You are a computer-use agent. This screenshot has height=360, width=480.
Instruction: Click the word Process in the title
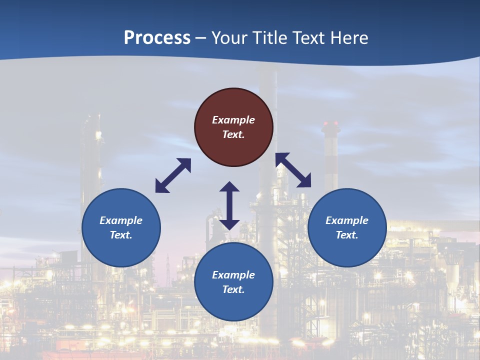point(157,38)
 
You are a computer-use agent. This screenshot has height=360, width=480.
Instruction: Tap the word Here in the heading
point(347,38)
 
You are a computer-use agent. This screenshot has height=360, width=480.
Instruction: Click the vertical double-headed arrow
point(229,205)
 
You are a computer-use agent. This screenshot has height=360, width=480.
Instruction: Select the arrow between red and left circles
point(173,175)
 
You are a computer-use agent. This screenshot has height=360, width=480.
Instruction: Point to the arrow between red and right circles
point(293,170)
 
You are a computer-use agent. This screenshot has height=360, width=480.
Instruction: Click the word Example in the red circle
point(233,120)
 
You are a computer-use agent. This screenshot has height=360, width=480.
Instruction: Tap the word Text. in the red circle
point(233,134)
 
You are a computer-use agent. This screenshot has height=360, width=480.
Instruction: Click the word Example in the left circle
point(121,220)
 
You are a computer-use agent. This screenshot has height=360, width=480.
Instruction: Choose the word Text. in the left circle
point(121,235)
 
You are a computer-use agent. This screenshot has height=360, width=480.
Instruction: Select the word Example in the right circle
point(347,220)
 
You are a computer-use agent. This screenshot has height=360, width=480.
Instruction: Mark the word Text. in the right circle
point(347,235)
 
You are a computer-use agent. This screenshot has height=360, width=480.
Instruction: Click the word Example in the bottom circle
point(233,275)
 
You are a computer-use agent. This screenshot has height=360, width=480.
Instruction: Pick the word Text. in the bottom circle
point(233,289)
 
